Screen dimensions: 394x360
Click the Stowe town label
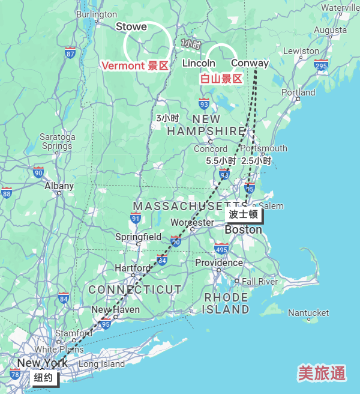131,26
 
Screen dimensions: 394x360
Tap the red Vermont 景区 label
134,66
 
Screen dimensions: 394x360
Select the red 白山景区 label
221,79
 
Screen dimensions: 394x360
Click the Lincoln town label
199,63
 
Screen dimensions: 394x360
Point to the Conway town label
250,63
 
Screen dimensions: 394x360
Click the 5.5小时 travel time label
221,161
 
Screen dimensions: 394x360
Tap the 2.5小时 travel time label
256,161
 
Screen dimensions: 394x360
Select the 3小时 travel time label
167,118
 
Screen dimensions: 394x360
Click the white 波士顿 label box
243,214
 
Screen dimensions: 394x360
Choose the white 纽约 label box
44,378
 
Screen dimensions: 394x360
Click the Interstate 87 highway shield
71,53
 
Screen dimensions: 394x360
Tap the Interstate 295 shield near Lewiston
321,65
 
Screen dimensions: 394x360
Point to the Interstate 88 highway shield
7,193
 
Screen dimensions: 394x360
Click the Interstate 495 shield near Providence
221,249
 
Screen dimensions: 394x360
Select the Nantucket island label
308,312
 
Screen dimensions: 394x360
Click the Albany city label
59,186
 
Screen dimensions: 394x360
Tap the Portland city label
298,92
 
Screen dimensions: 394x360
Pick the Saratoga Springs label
58,141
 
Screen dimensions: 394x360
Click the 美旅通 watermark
322,373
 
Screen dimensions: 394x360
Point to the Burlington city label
97,14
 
